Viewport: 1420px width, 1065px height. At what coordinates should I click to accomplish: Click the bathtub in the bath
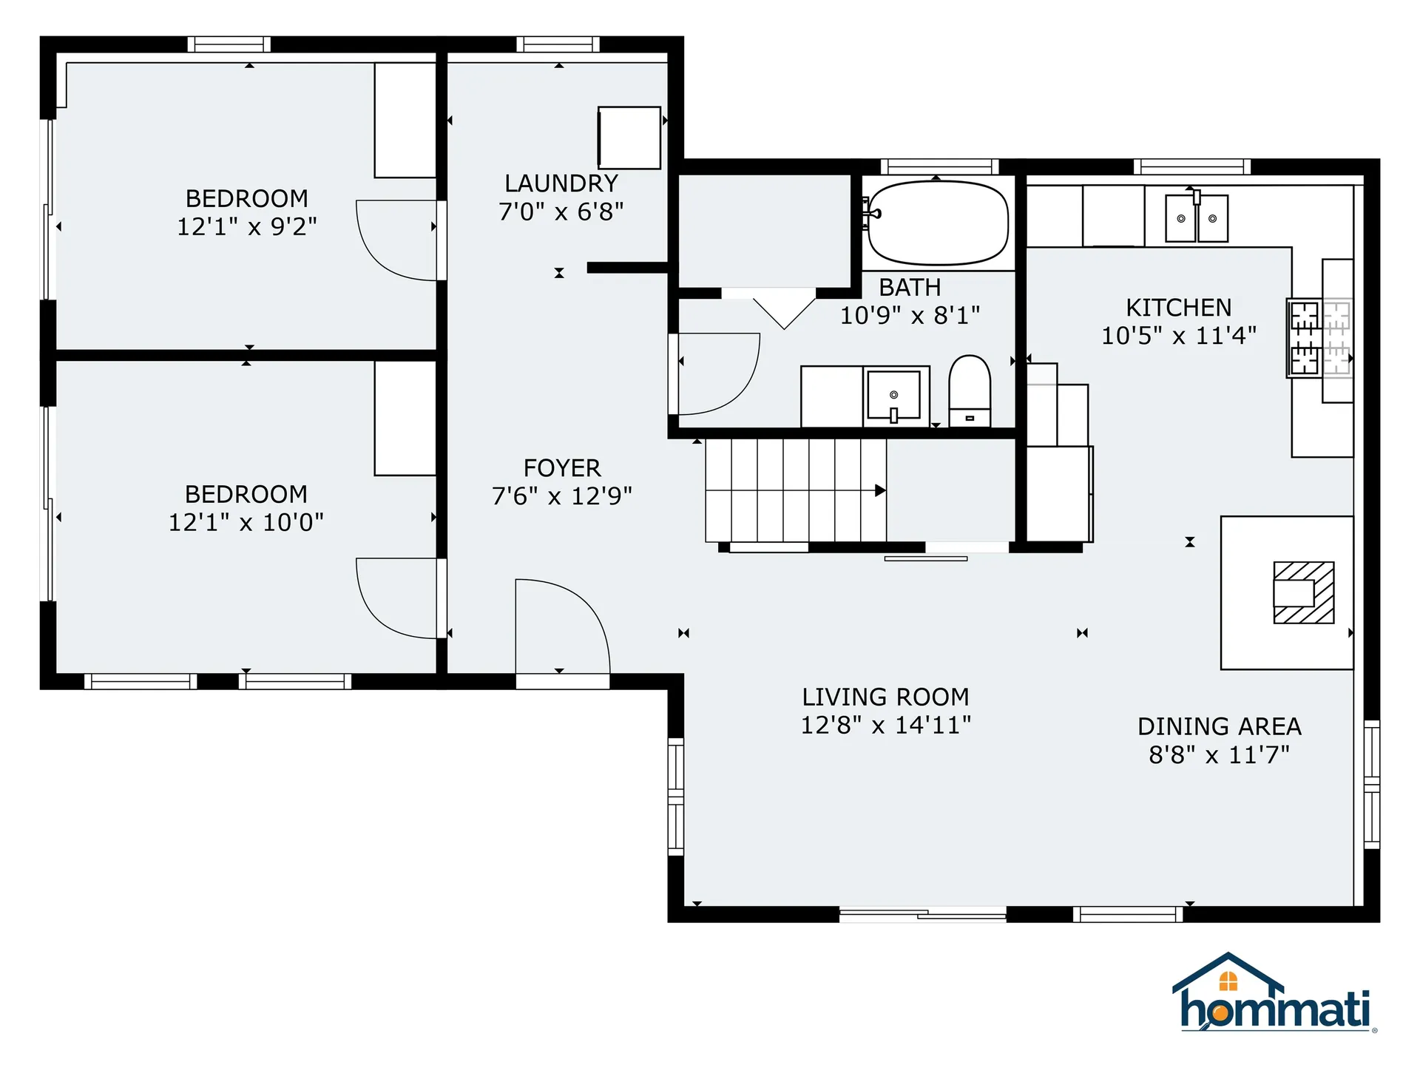937,223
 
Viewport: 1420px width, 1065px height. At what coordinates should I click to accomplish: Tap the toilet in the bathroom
969,390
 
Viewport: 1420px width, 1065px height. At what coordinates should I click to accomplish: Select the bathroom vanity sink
893,396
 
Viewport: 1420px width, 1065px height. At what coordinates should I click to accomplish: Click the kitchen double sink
1196,218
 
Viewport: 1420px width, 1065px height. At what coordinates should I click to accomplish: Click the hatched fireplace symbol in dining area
1303,592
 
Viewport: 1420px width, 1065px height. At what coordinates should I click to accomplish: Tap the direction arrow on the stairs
879,490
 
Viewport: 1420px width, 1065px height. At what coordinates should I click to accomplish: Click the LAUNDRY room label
561,183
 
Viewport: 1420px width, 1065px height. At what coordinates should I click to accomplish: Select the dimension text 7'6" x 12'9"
561,496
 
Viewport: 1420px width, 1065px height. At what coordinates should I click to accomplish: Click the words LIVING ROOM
885,697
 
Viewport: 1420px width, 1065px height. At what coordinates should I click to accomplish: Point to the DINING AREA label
1219,726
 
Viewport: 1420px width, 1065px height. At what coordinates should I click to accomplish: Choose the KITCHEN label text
1178,308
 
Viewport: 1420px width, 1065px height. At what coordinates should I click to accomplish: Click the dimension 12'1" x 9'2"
246,227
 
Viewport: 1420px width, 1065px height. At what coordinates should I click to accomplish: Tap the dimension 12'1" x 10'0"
246,523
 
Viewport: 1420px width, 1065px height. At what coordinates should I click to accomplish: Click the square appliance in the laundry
629,138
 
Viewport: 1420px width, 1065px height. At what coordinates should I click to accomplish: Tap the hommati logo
1274,995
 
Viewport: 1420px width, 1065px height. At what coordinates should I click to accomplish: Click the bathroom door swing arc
717,373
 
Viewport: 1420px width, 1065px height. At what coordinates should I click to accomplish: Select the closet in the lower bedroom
405,418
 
